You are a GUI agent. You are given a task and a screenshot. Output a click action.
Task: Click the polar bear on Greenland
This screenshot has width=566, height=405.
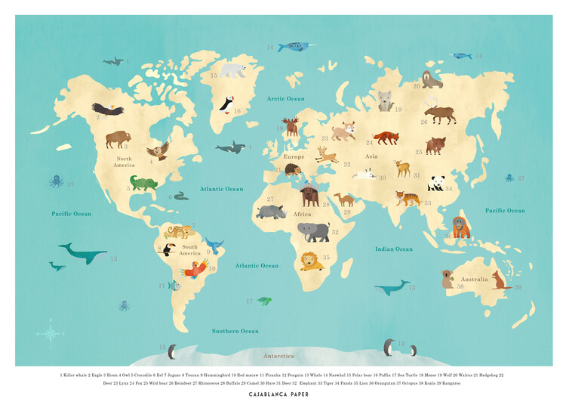[233, 70]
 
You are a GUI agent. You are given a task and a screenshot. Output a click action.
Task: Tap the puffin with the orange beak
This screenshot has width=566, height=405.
[226, 104]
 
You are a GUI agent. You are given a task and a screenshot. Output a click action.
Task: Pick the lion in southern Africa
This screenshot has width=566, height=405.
[310, 261]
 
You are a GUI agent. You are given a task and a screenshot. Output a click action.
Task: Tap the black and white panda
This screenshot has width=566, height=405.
[436, 183]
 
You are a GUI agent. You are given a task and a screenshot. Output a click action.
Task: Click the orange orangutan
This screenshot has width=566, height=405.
[460, 227]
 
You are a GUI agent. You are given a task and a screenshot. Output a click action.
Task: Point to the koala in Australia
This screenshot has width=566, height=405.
[448, 279]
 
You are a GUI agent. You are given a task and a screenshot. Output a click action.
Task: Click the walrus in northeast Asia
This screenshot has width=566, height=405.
[432, 79]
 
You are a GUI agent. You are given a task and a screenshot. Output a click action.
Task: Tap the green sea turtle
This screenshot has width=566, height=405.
[264, 301]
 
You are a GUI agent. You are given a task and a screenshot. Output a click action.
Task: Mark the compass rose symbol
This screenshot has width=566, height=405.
[51, 332]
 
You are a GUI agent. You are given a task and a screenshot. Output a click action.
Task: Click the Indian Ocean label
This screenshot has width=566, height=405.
[394, 249]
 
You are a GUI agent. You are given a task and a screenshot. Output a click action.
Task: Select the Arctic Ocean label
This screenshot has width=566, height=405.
[285, 99]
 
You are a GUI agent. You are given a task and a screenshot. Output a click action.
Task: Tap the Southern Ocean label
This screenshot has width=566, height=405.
[235, 331]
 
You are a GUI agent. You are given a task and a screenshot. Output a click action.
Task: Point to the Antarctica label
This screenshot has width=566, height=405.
[278, 355]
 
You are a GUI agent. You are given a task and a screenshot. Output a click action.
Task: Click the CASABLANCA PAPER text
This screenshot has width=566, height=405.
[283, 394]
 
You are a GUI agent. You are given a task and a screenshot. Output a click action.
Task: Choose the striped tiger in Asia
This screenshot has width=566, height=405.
[408, 199]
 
